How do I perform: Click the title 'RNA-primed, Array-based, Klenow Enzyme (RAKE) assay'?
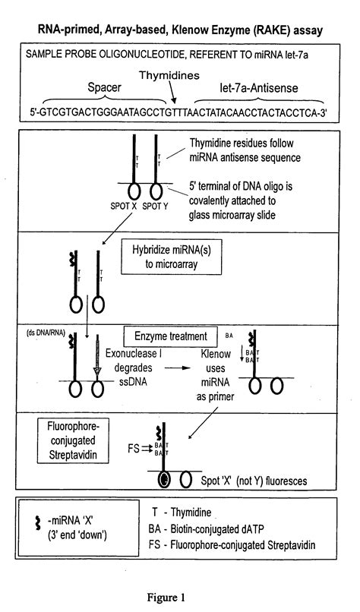click(180, 31)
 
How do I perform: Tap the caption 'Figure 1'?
click(182, 597)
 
